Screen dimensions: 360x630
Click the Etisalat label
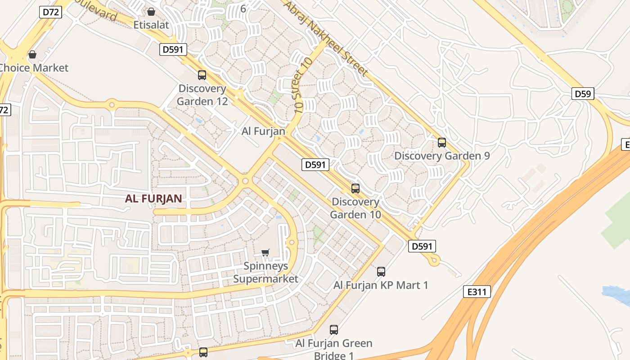pos(151,25)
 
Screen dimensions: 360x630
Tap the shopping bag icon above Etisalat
pos(151,11)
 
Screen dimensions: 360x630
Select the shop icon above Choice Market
pos(32,54)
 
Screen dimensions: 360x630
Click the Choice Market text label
pos(33,68)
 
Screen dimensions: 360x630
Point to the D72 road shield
pos(51,12)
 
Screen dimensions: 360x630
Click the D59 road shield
pos(583,94)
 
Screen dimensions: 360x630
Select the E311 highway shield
pos(477,292)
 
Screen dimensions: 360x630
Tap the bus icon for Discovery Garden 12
pos(202,75)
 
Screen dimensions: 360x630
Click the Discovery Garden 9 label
pos(442,156)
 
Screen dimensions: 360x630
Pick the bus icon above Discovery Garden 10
pos(355,188)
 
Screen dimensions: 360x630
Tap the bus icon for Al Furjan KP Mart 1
pos(381,271)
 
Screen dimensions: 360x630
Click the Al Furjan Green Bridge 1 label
pos(334,349)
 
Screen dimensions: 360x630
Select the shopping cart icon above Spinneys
pos(265,252)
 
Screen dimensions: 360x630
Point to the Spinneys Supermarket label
pos(265,272)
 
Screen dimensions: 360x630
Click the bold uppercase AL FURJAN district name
pos(153,199)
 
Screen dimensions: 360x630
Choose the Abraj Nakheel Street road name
pos(327,38)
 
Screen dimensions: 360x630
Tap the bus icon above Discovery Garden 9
pos(442,143)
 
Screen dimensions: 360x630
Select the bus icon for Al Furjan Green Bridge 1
pos(334,330)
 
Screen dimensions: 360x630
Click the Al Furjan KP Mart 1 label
pos(381,285)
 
